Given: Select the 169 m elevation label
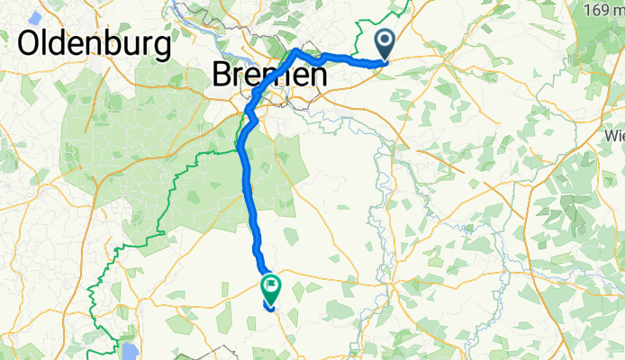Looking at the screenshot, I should point(602,10).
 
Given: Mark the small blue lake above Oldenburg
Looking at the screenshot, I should point(36,16).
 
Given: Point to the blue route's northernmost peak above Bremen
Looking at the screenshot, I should point(296,49).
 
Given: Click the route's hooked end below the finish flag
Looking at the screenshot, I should point(267,305).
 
